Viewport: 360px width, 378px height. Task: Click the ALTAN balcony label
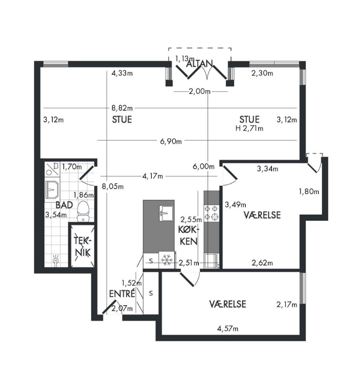[199, 64]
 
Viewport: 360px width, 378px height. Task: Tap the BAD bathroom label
[64, 205]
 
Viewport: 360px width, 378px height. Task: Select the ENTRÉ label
[122, 293]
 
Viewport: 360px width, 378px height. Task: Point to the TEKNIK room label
[82, 246]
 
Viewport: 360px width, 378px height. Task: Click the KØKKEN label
[189, 235]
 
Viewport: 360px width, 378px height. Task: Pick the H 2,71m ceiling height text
[249, 128]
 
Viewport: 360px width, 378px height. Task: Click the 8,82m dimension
[122, 108]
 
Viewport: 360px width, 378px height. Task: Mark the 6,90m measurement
[171, 141]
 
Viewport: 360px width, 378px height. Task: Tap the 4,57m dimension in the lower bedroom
[227, 328]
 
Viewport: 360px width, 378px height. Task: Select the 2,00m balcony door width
[199, 91]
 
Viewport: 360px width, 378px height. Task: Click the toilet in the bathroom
[83, 211]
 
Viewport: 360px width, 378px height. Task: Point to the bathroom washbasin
[52, 190]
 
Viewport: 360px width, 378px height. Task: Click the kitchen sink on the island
[166, 213]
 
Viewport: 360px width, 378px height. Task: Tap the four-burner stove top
[211, 213]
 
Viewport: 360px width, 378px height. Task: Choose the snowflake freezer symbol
[166, 260]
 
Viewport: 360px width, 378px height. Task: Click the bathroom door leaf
[87, 173]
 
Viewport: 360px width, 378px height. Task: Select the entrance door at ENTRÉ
[109, 306]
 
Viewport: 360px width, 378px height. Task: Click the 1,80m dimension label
[309, 192]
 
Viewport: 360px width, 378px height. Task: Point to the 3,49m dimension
[235, 205]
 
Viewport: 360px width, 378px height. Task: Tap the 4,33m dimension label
[122, 73]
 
